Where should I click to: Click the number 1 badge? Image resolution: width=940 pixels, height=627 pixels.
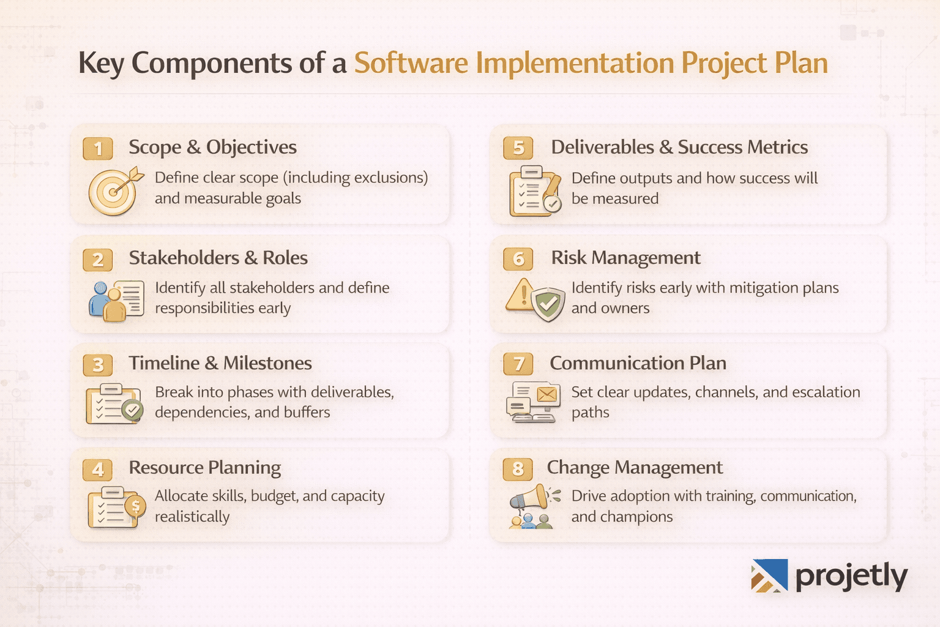98,149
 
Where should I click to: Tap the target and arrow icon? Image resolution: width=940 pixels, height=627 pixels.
114,192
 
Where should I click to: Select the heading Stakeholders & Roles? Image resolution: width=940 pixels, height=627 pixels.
218,258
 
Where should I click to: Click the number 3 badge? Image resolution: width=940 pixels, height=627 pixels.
98,365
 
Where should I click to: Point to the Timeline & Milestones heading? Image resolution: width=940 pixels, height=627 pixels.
220,363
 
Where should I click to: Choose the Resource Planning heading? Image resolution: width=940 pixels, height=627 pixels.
204,468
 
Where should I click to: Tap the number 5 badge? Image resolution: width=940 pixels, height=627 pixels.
518,148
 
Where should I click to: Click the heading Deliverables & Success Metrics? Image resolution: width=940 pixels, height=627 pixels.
679,148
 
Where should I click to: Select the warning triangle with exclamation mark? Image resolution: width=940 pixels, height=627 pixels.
521,295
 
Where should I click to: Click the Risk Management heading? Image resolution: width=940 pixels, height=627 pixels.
625,258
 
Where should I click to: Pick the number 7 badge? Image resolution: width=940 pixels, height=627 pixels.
518,364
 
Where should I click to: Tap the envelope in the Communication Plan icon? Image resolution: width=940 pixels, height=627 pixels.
547,394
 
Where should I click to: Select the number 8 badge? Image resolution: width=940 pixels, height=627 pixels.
518,469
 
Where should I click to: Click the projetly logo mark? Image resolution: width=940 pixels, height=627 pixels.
769,576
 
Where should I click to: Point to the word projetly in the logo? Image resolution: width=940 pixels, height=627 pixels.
851,577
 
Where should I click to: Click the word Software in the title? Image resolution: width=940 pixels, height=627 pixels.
411,63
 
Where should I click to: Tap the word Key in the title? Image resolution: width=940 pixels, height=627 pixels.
101,64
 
